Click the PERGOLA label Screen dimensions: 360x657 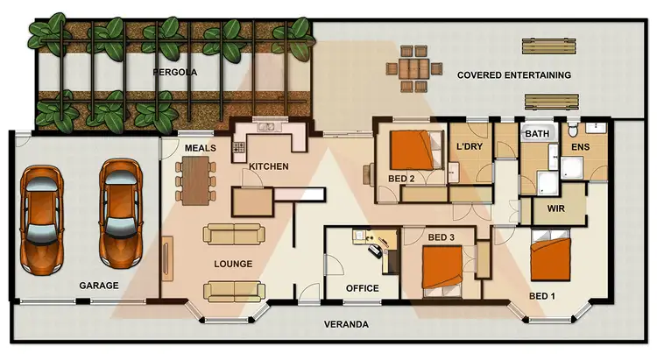(173, 72)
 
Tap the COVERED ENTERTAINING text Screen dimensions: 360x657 (514, 75)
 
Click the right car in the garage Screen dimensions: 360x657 (120, 213)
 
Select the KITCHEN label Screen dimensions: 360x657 (269, 166)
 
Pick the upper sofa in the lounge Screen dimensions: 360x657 (232, 234)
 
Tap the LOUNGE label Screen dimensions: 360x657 (233, 263)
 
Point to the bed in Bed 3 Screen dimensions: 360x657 (443, 267)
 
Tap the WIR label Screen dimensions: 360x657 (555, 210)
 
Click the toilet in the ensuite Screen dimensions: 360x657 (570, 132)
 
